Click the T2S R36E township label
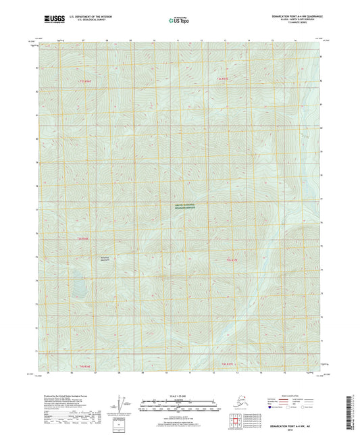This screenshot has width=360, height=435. tap(85, 80)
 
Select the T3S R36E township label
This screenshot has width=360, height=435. tap(83, 238)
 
